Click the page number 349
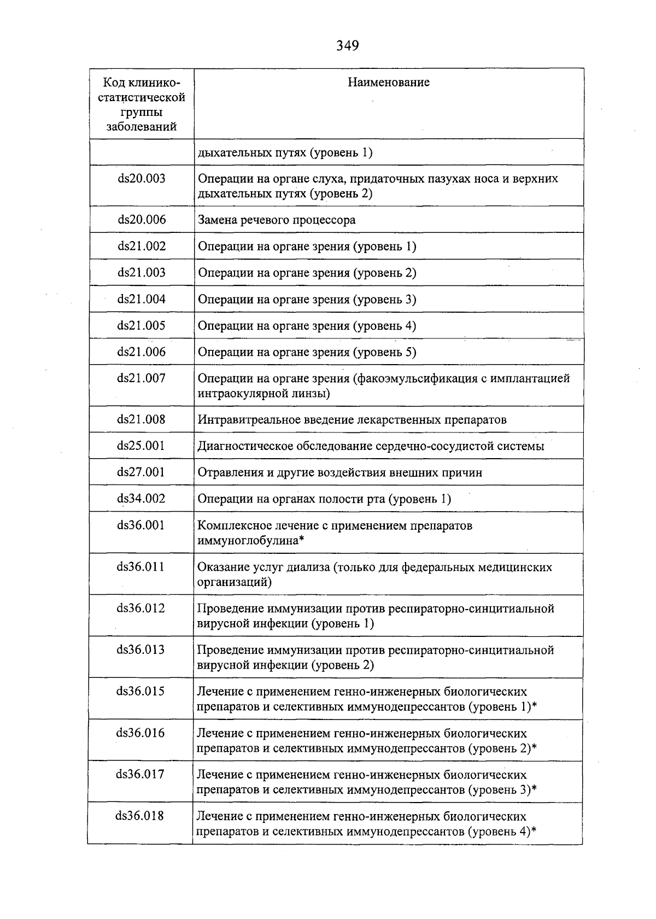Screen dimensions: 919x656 pos(347,46)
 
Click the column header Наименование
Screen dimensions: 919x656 pos(389,83)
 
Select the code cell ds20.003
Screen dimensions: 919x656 pos(142,179)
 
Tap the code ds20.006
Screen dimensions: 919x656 pos(142,220)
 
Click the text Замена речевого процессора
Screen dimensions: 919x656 pos(277,220)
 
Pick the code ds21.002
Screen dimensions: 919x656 pos(142,246)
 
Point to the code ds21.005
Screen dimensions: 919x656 pos(142,326)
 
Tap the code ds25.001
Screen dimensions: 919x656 pos(141,446)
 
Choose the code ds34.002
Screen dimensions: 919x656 pos(141,499)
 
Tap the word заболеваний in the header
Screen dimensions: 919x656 pos(142,127)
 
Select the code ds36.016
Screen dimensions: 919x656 pos(140,733)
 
